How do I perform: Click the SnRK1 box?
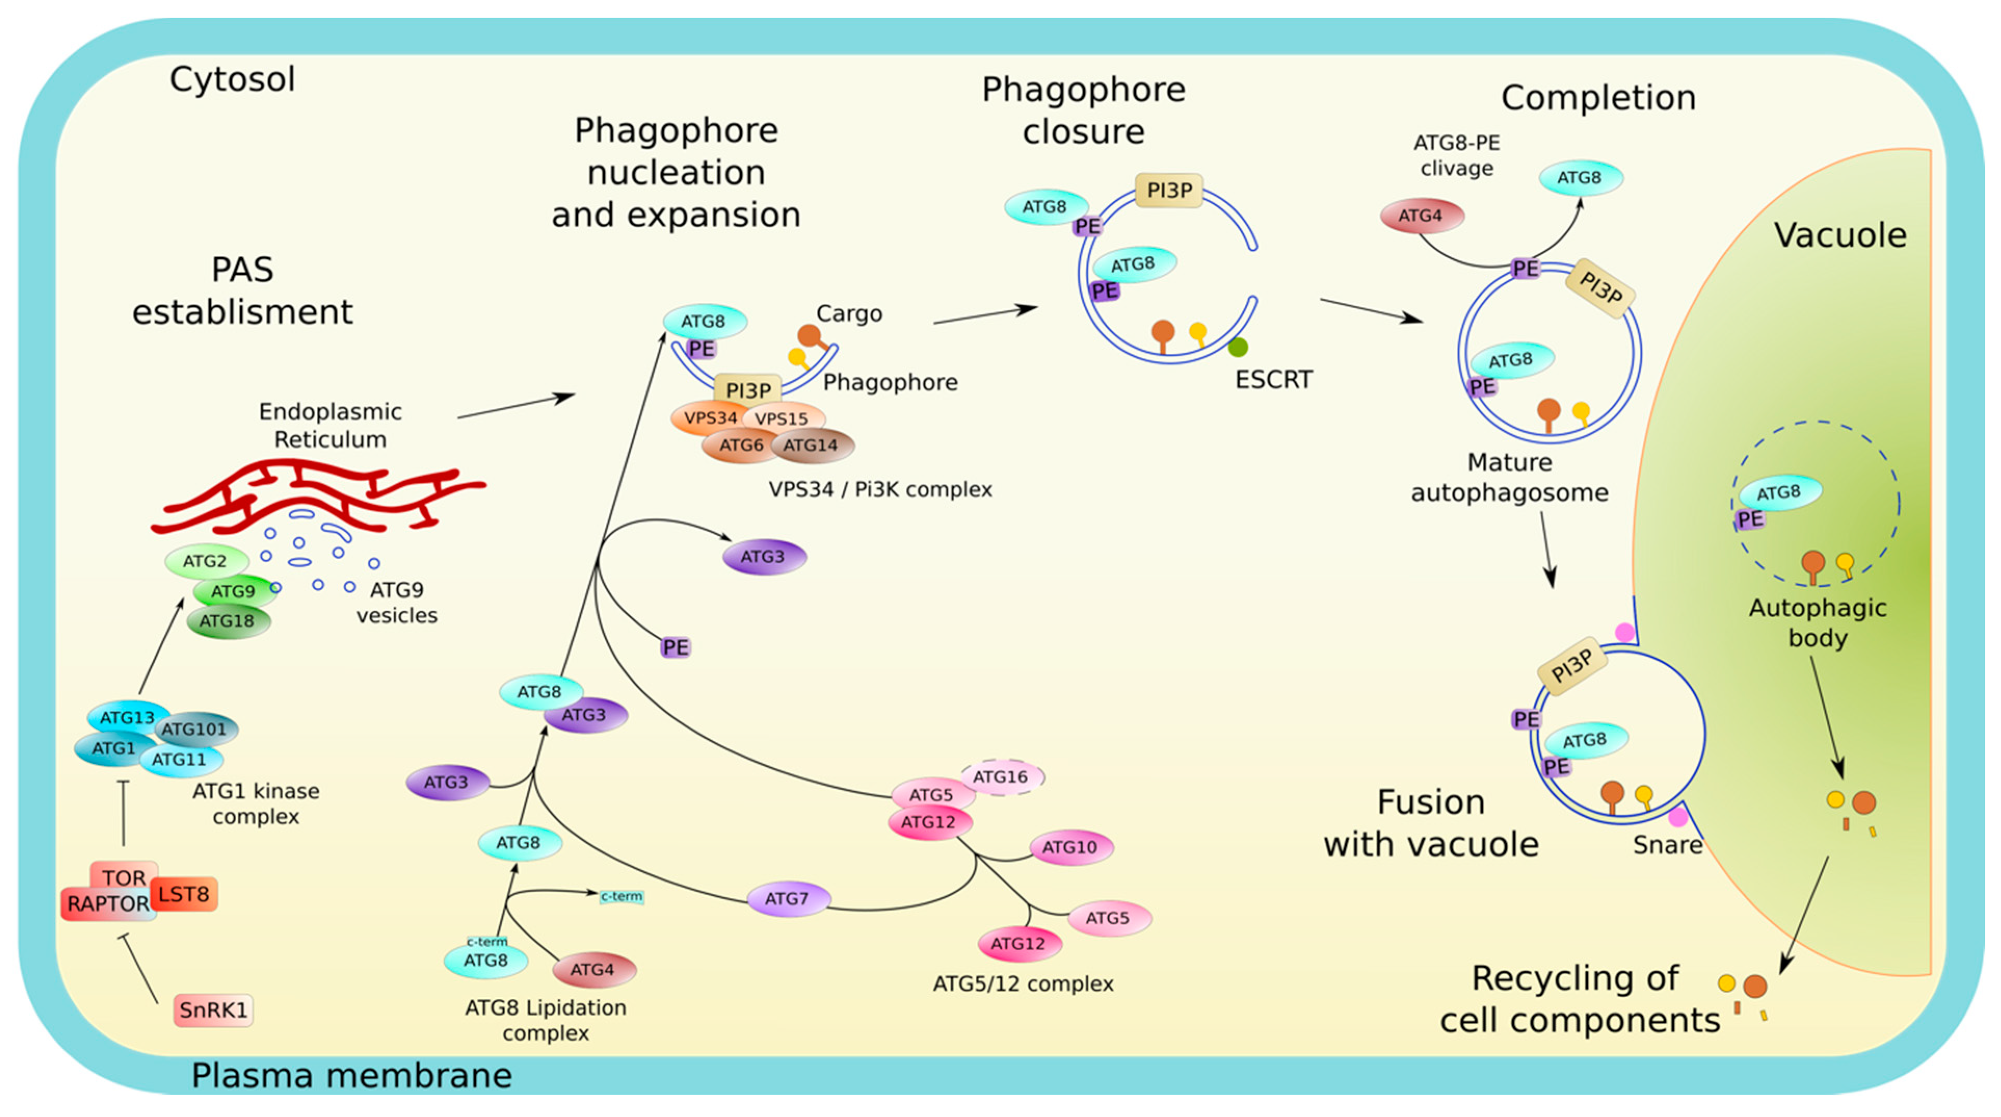pyautogui.click(x=213, y=1010)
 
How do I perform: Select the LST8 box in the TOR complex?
pyautogui.click(x=184, y=894)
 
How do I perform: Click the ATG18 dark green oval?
pyautogui.click(x=228, y=621)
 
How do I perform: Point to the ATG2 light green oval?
pyautogui.click(x=205, y=561)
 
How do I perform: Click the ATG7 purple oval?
pyautogui.click(x=787, y=899)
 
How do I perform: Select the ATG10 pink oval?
pyautogui.click(x=1070, y=847)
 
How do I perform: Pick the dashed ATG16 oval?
pyautogui.click(x=1001, y=777)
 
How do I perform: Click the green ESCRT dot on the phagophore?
pyautogui.click(x=1238, y=347)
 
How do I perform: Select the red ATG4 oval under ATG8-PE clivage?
pyautogui.click(x=1421, y=216)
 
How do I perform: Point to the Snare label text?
pyautogui.click(x=1667, y=844)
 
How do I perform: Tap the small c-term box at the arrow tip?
pyautogui.click(x=621, y=896)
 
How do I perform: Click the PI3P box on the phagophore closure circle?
pyautogui.click(x=1169, y=190)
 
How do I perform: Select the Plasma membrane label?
pyautogui.click(x=351, y=1076)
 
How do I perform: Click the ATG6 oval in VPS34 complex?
pyautogui.click(x=740, y=446)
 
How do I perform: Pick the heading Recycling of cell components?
pyautogui.click(x=1579, y=999)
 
